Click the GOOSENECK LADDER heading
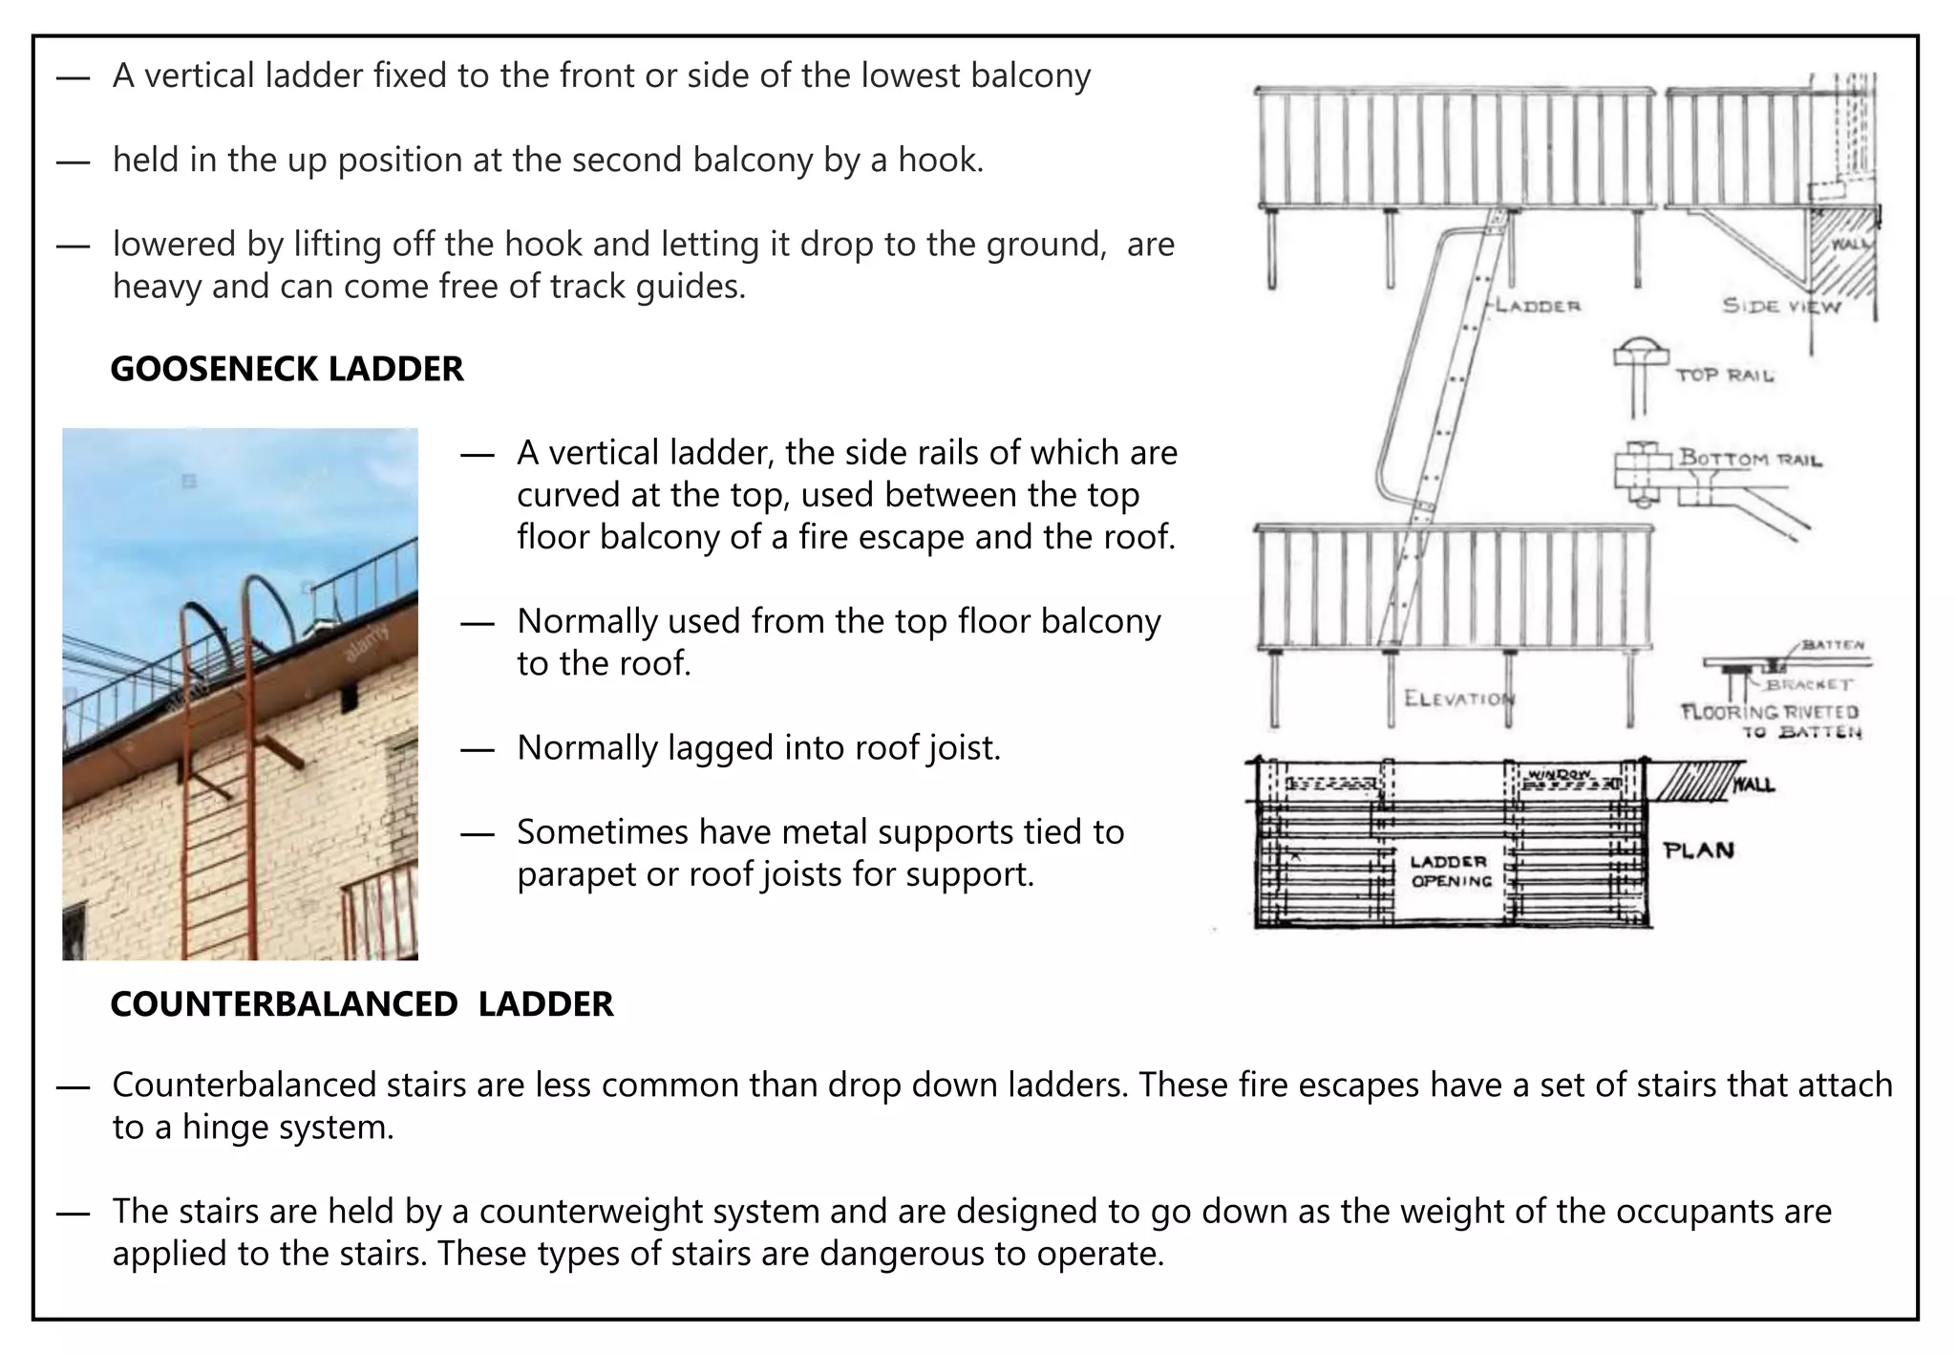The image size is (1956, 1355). pos(287,369)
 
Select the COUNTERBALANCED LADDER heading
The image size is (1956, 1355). pos(361,1004)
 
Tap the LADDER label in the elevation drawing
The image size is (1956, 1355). pos(1538,306)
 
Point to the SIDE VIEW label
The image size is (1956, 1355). pos(1780,306)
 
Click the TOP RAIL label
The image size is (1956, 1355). pos(1725,376)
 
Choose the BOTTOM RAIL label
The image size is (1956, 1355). pos(1750,459)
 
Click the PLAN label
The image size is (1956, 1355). pos(1698,850)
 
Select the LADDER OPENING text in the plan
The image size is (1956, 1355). pos(1450,871)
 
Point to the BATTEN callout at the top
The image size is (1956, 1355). pos(1833,645)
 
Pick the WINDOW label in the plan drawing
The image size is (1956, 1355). pos(1559,773)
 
